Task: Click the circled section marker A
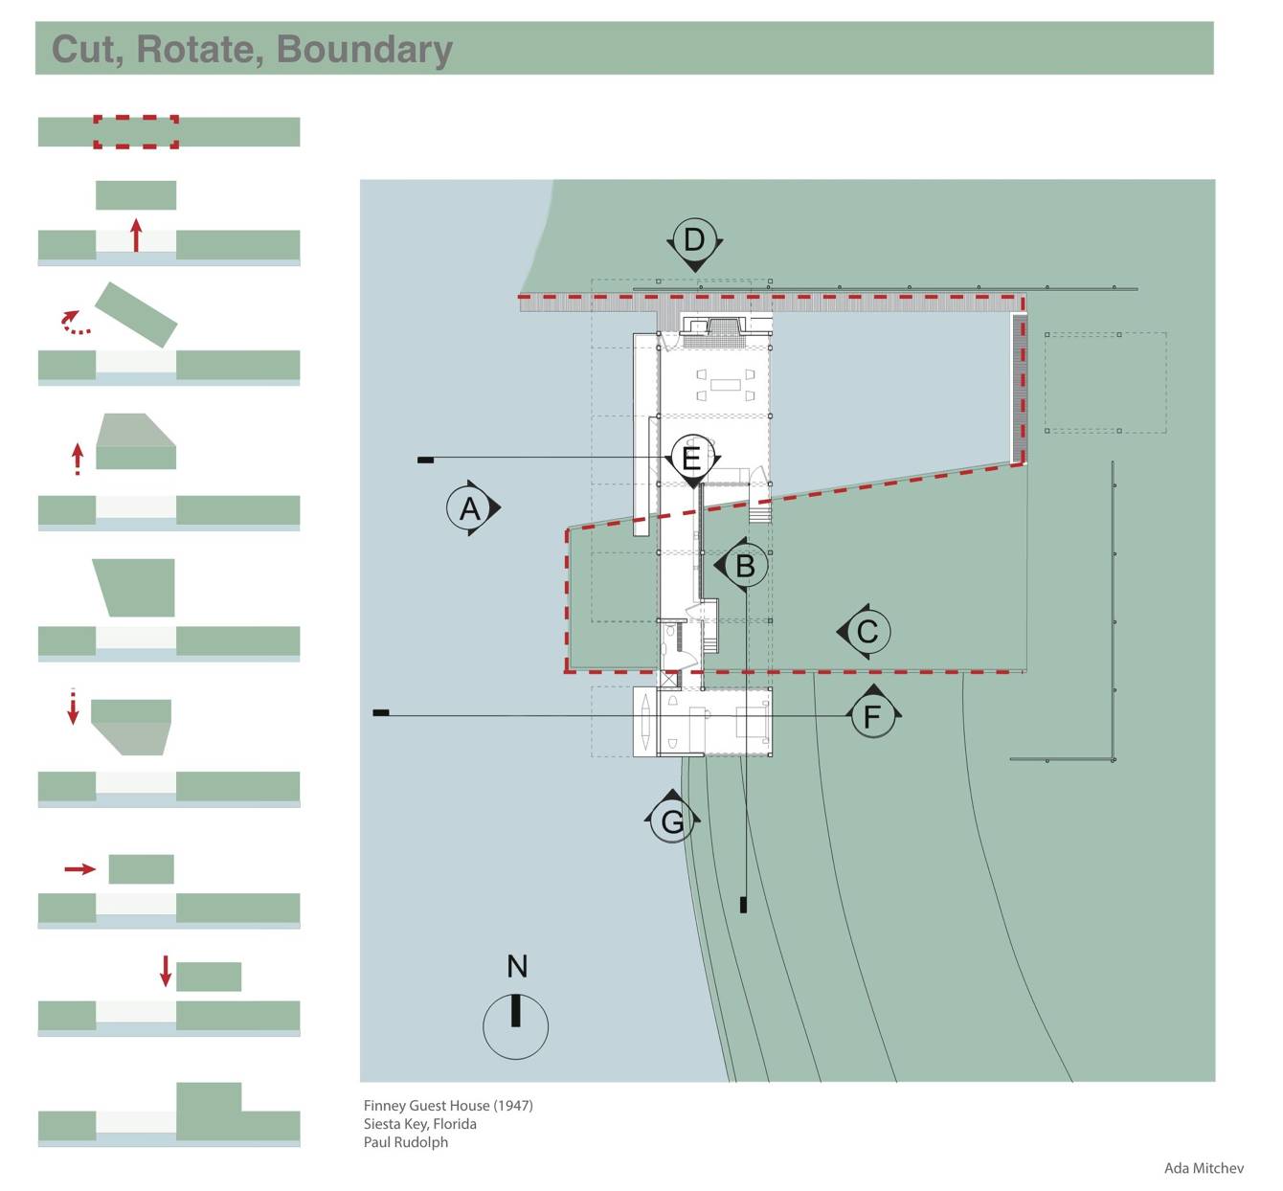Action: (x=469, y=507)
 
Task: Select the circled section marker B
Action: (x=744, y=566)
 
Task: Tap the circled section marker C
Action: (x=867, y=632)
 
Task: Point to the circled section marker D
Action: (x=694, y=239)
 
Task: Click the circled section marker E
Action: (x=691, y=458)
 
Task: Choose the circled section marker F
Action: (x=871, y=715)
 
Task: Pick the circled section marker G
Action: (x=672, y=820)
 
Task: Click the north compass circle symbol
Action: (x=515, y=1026)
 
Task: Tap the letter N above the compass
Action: (x=517, y=966)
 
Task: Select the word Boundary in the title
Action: (x=364, y=49)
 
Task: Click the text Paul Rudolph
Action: (x=405, y=1142)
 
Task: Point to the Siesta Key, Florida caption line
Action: (x=419, y=1124)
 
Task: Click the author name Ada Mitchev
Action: (x=1204, y=1168)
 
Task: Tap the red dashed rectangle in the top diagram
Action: (x=136, y=132)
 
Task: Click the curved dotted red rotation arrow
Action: (x=75, y=324)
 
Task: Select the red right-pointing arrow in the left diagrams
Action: (x=80, y=869)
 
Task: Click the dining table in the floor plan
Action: (x=726, y=385)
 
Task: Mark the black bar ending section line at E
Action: (x=425, y=461)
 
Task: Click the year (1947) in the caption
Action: (x=513, y=1106)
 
